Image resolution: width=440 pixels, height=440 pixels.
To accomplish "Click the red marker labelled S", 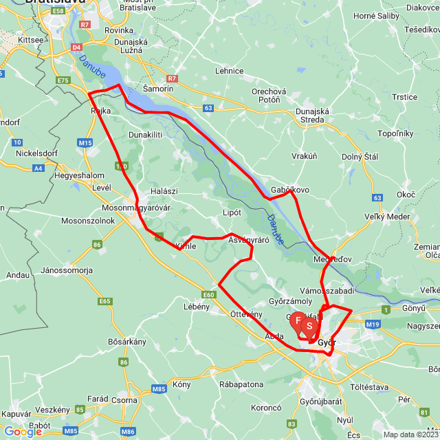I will click(309, 324).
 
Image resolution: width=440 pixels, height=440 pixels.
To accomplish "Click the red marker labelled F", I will click(298, 320).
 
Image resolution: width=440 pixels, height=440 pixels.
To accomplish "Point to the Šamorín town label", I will click(157, 89).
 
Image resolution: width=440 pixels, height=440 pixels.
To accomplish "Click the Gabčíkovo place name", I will click(290, 190).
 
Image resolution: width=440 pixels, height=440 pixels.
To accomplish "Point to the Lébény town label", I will click(197, 307).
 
